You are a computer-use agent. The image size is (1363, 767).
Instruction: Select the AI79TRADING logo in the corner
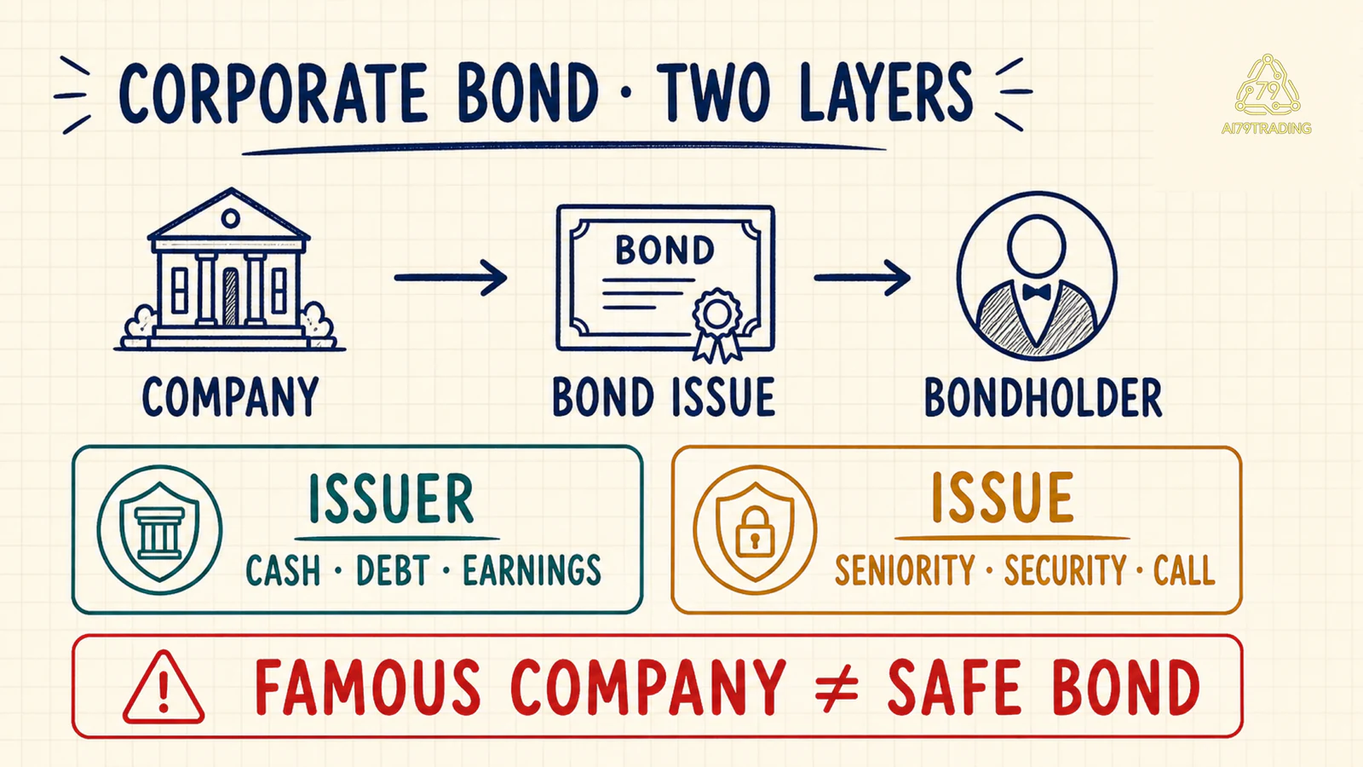pyautogui.click(x=1266, y=95)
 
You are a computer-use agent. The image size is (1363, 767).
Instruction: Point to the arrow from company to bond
pyautogui.click(x=451, y=278)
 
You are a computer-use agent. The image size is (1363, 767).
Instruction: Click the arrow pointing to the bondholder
pyautogui.click(x=862, y=278)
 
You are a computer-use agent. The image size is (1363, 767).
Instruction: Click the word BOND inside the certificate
pyautogui.click(x=665, y=251)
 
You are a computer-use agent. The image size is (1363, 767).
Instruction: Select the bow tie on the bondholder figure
pyautogui.click(x=1036, y=292)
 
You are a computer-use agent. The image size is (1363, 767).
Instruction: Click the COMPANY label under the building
pyautogui.click(x=231, y=396)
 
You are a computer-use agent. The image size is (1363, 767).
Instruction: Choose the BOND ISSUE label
pyautogui.click(x=664, y=396)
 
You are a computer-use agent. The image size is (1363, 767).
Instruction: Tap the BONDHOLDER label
pyautogui.click(x=1043, y=397)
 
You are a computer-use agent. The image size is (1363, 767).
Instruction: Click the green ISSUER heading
pyautogui.click(x=391, y=499)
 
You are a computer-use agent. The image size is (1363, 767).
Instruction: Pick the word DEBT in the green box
pyautogui.click(x=393, y=570)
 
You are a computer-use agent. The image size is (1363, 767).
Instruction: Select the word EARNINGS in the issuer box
pyautogui.click(x=532, y=570)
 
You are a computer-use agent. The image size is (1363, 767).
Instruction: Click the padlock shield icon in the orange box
pyautogui.click(x=755, y=529)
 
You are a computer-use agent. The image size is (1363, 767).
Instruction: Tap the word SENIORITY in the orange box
pyautogui.click(x=905, y=570)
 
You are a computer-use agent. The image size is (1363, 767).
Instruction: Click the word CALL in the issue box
pyautogui.click(x=1184, y=570)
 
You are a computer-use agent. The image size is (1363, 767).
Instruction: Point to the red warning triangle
pyautogui.click(x=163, y=688)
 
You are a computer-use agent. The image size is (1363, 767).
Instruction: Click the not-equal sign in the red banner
pyautogui.click(x=837, y=687)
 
